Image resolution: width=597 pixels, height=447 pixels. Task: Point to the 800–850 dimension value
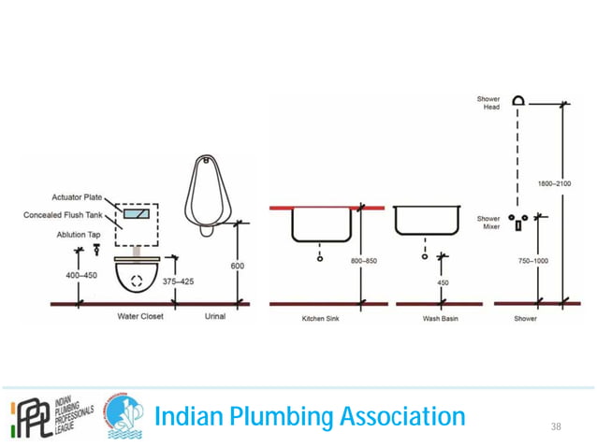pos(363,261)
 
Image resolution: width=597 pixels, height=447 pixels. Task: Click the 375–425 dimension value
pos(178,281)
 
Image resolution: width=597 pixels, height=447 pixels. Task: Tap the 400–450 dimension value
pos(81,276)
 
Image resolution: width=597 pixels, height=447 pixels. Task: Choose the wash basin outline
pos(427,221)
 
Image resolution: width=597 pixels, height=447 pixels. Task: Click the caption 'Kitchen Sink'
pos(319,318)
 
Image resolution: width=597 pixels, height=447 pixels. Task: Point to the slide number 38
pos(556,426)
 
